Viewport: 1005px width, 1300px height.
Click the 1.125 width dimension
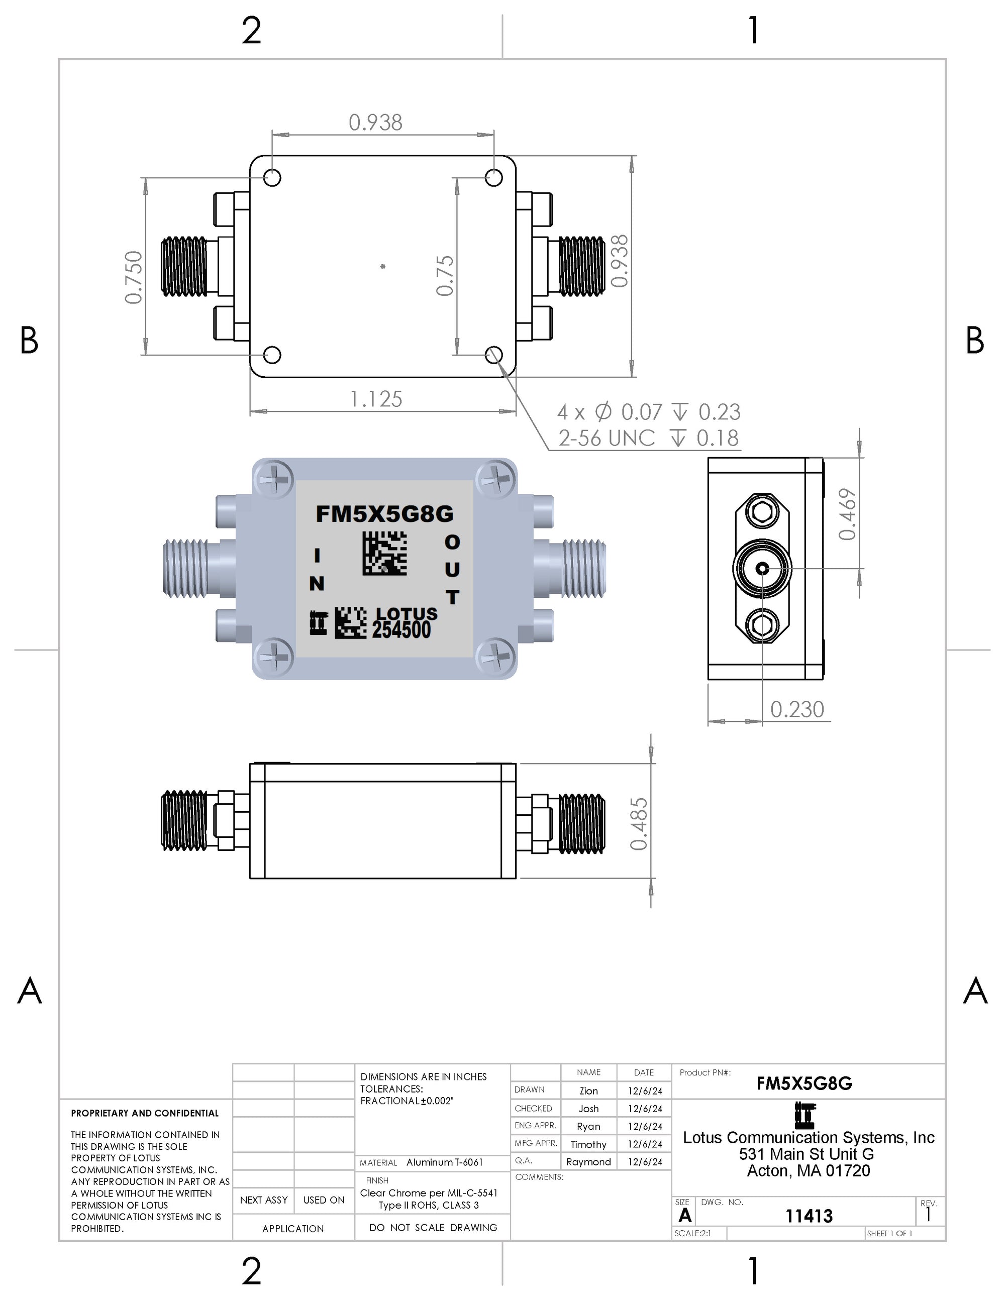click(376, 399)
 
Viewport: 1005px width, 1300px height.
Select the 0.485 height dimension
click(638, 824)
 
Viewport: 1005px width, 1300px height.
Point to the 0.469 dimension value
click(847, 514)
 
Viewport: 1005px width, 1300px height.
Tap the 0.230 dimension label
click(796, 709)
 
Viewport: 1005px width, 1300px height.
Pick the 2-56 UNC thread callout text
click(606, 438)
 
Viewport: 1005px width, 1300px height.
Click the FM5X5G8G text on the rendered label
click(384, 514)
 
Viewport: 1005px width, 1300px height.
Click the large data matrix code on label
click(384, 554)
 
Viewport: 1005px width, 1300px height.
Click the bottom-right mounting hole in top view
click(493, 355)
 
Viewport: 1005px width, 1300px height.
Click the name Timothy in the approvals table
click(588, 1144)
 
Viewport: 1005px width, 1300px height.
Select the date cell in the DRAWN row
click(644, 1091)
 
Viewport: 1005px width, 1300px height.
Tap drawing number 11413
click(809, 1216)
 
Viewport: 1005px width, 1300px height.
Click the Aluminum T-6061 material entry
click(444, 1162)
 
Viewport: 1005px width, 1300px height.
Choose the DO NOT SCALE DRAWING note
click(433, 1227)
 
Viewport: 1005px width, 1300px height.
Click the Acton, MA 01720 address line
click(808, 1171)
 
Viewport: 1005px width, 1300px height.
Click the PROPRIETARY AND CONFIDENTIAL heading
click(145, 1113)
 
